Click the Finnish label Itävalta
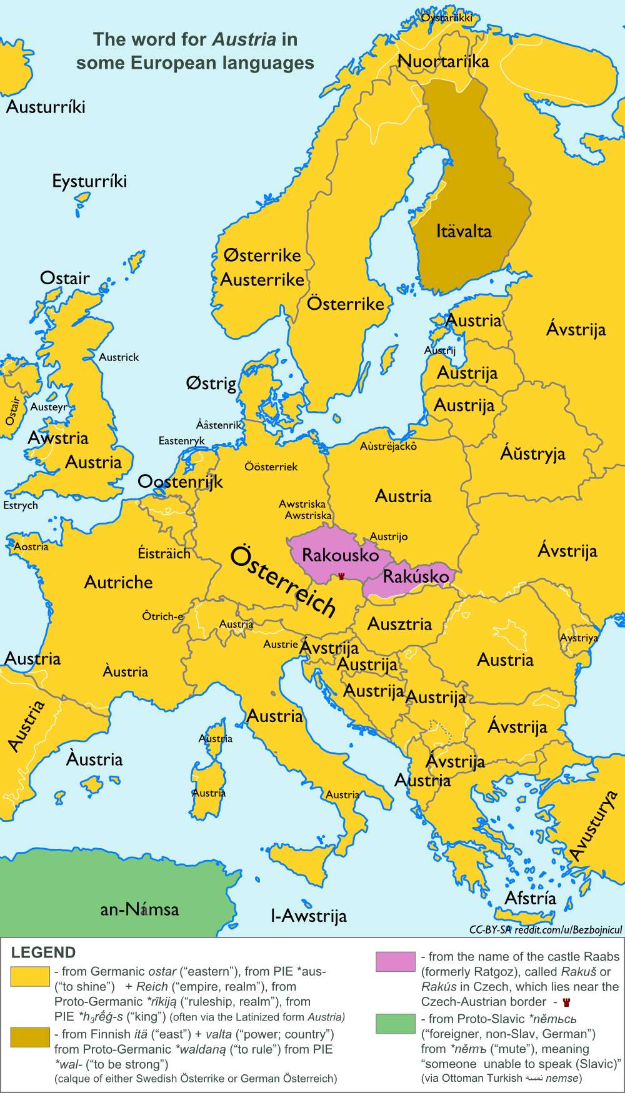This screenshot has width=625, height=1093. (x=464, y=231)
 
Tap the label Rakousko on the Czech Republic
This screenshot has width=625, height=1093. (x=340, y=555)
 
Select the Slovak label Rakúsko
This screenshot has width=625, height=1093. (x=416, y=576)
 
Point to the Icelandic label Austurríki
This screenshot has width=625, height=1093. (x=46, y=107)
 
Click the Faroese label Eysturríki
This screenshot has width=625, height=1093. (x=89, y=181)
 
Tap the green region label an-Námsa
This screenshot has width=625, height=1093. (x=139, y=909)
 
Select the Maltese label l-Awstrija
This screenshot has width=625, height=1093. (x=308, y=916)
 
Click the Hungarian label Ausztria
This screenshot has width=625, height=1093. (x=399, y=623)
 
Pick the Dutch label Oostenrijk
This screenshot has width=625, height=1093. (x=180, y=482)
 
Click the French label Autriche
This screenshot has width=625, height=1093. (x=118, y=582)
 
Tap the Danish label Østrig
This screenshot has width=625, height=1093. (x=211, y=383)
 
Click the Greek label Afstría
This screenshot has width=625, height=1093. (x=530, y=898)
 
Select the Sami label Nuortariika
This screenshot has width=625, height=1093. (x=443, y=61)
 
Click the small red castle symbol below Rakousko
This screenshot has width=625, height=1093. (x=341, y=575)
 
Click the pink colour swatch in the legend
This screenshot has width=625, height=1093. (x=395, y=961)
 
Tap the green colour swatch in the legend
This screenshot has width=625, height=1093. (x=395, y=1024)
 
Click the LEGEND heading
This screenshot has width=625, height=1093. (x=43, y=952)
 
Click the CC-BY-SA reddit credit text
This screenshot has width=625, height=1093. (x=545, y=929)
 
